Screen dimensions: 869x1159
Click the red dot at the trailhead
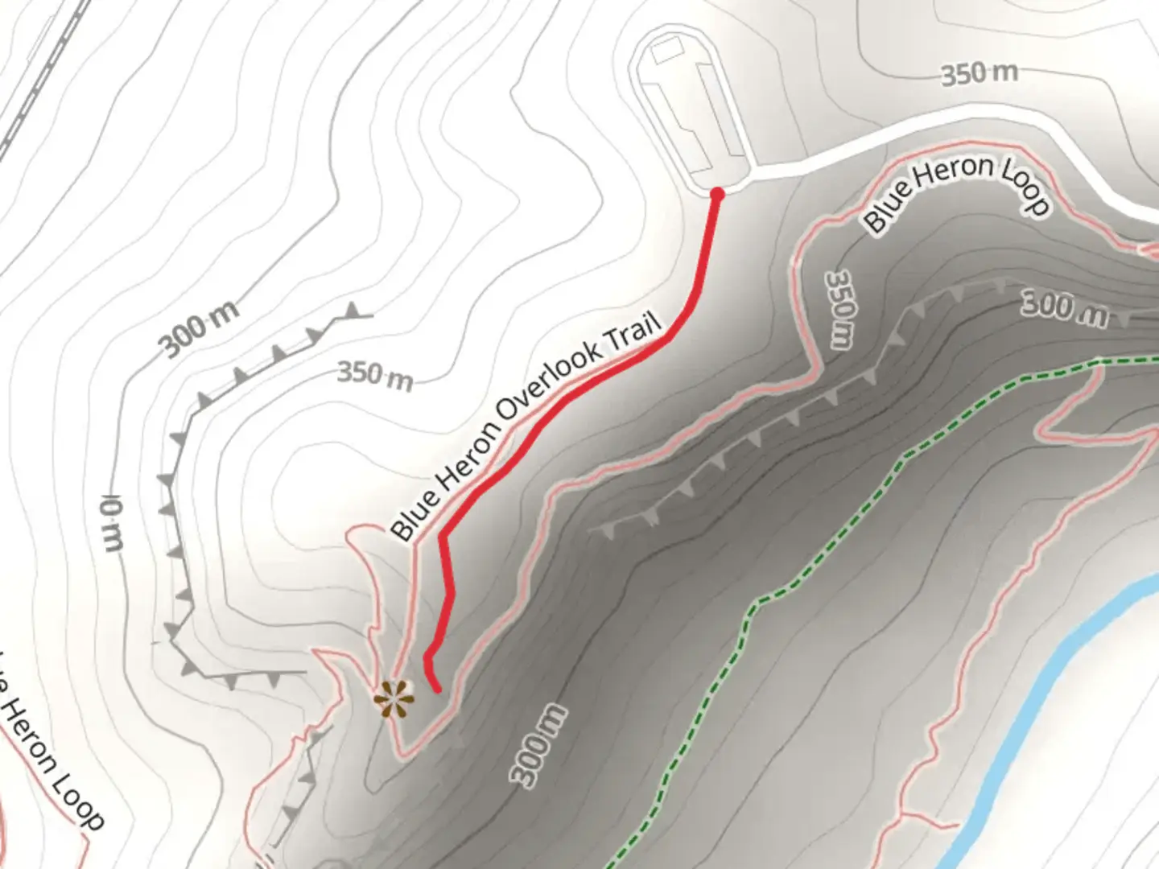click(x=716, y=194)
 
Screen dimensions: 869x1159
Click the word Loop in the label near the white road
click(x=1025, y=187)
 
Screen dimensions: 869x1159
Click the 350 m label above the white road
click(x=979, y=74)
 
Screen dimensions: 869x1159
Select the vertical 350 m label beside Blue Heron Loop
click(x=840, y=309)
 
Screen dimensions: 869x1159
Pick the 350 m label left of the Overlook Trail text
click(x=374, y=375)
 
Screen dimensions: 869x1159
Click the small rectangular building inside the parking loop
click(x=667, y=53)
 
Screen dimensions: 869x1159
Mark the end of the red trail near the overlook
click(x=437, y=689)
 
